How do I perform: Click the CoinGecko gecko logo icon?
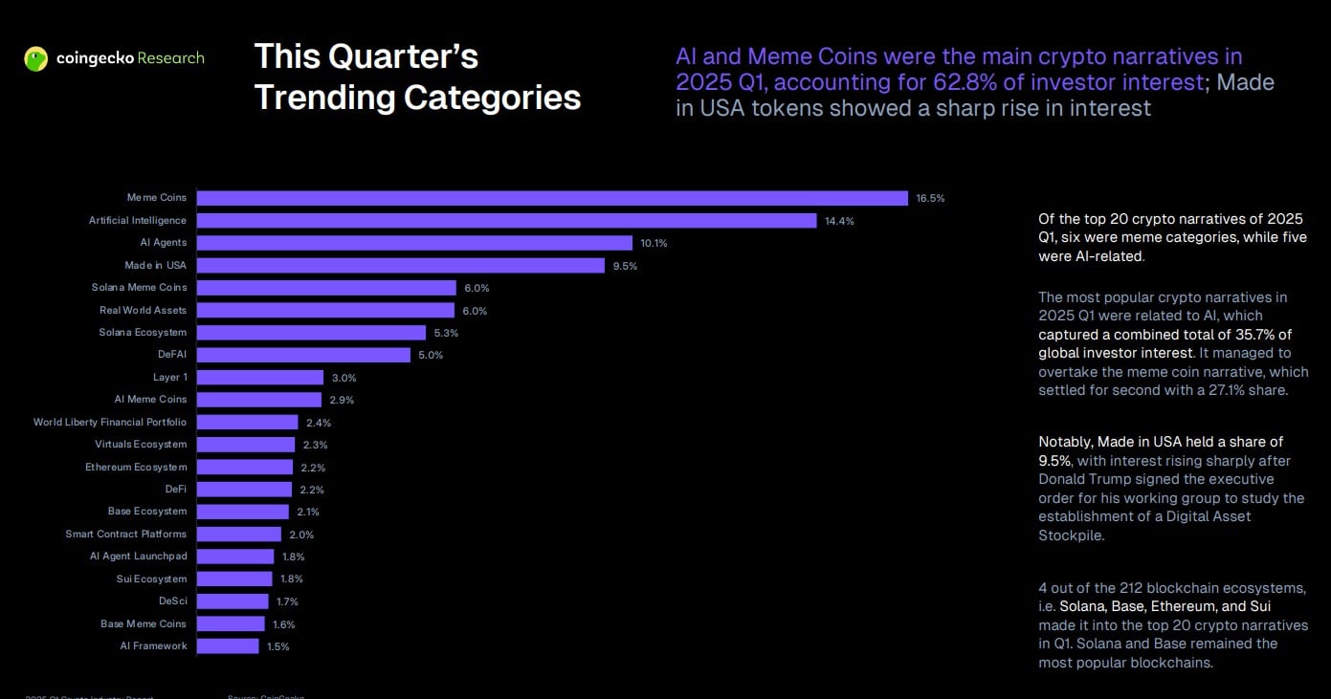36,59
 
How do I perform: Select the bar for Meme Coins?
552,198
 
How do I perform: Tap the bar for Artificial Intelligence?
506,221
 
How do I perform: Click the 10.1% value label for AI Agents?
654,243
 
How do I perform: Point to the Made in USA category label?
155,265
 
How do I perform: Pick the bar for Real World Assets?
325,310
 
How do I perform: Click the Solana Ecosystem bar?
311,333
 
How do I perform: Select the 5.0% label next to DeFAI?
431,355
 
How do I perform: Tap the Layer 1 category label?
170,377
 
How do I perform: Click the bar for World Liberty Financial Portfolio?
247,422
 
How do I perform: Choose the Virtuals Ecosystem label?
141,444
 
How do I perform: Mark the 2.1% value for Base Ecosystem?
308,512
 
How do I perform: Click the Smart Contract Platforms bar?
239,534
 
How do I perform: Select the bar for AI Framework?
228,646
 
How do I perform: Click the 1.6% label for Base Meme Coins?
283,624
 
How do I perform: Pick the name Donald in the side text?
1063,479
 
